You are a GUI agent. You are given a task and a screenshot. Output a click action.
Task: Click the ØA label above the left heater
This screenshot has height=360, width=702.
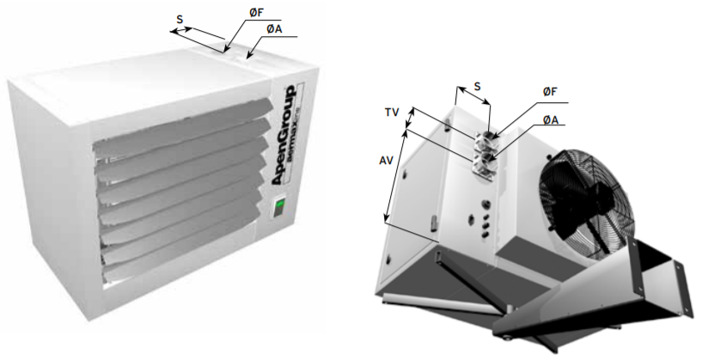pyautogui.click(x=273, y=28)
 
